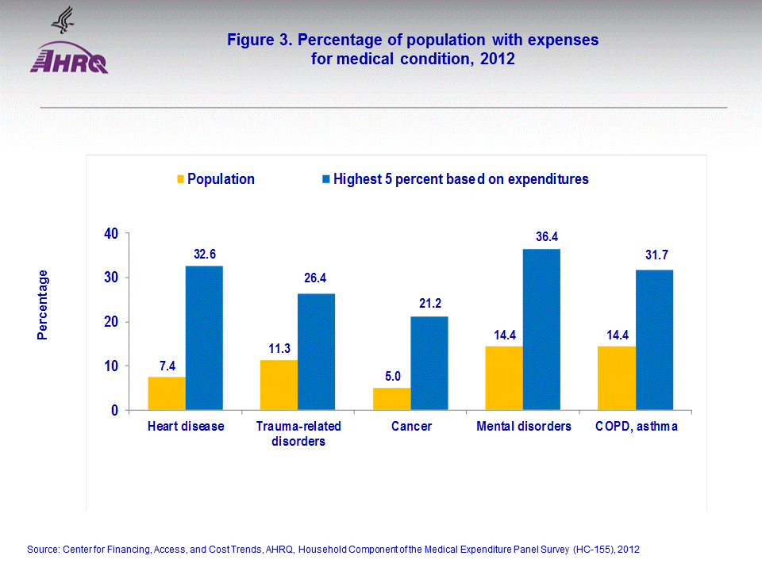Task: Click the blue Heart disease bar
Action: coord(204,338)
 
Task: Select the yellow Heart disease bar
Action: coord(167,393)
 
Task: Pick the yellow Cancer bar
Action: coord(391,399)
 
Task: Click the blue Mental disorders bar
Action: coord(541,329)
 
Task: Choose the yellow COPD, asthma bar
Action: coord(617,378)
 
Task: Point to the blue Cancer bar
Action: coord(429,363)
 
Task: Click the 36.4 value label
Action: coord(541,237)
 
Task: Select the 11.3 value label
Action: coord(279,348)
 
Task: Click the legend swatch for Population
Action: coord(180,179)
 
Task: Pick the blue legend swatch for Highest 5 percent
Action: coord(326,179)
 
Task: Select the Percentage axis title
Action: coord(43,305)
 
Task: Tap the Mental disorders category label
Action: coord(523,427)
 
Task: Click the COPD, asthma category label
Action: coord(636,427)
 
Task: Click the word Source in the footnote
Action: coord(44,549)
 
